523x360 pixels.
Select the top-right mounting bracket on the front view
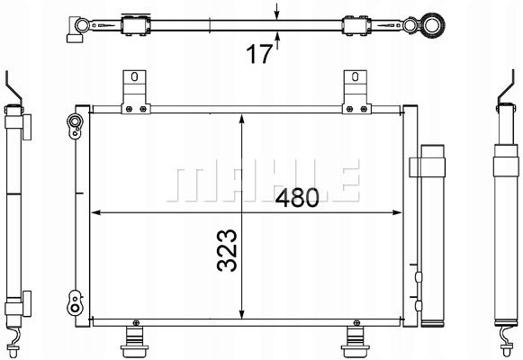354,91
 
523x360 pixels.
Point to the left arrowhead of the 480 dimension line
100,213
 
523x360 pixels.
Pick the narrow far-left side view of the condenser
15,216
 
